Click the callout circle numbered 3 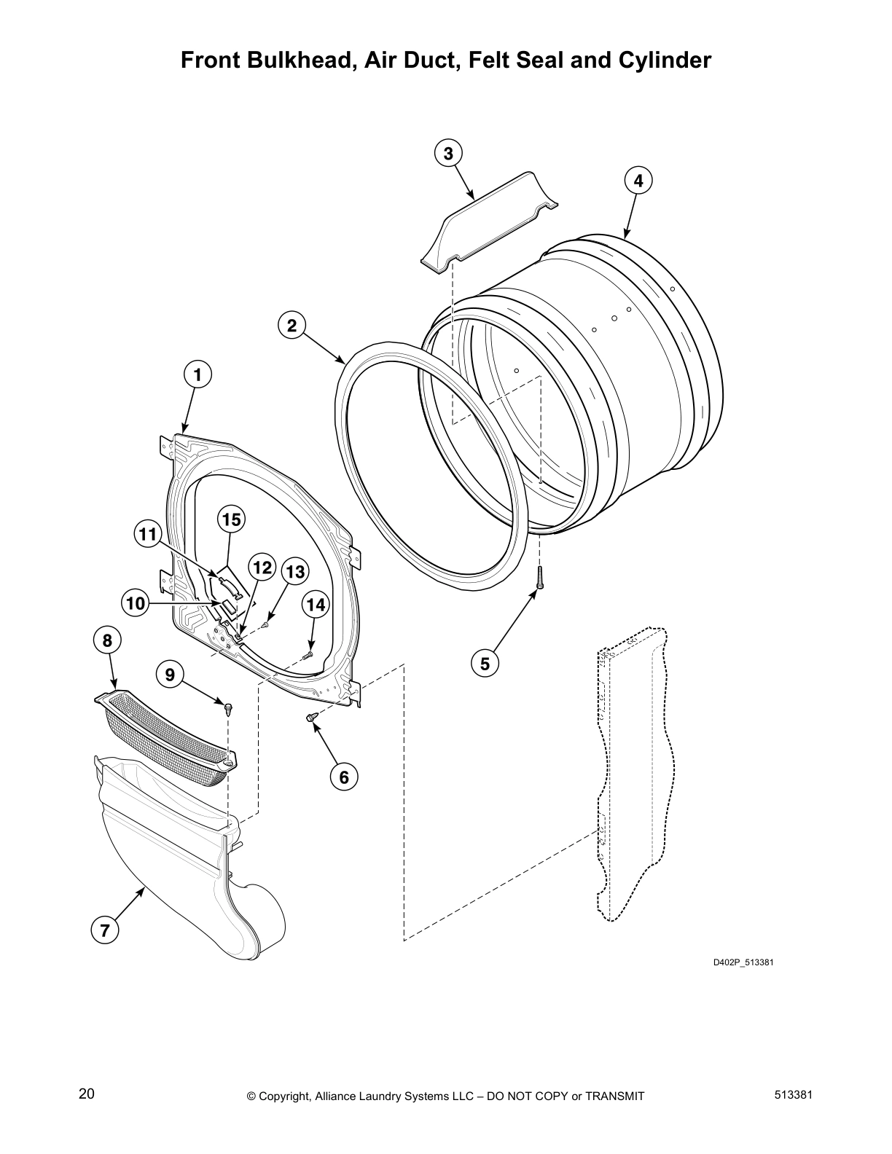448,153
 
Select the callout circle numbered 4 638,181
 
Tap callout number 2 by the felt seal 292,326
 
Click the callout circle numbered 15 231,519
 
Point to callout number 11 148,534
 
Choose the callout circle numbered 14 315,604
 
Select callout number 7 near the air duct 105,930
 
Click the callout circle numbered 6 344,777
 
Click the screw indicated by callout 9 229,707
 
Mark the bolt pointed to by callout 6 313,718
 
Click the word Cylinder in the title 664,60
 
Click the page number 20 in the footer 87,1094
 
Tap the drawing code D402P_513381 743,963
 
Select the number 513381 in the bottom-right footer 789,1094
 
